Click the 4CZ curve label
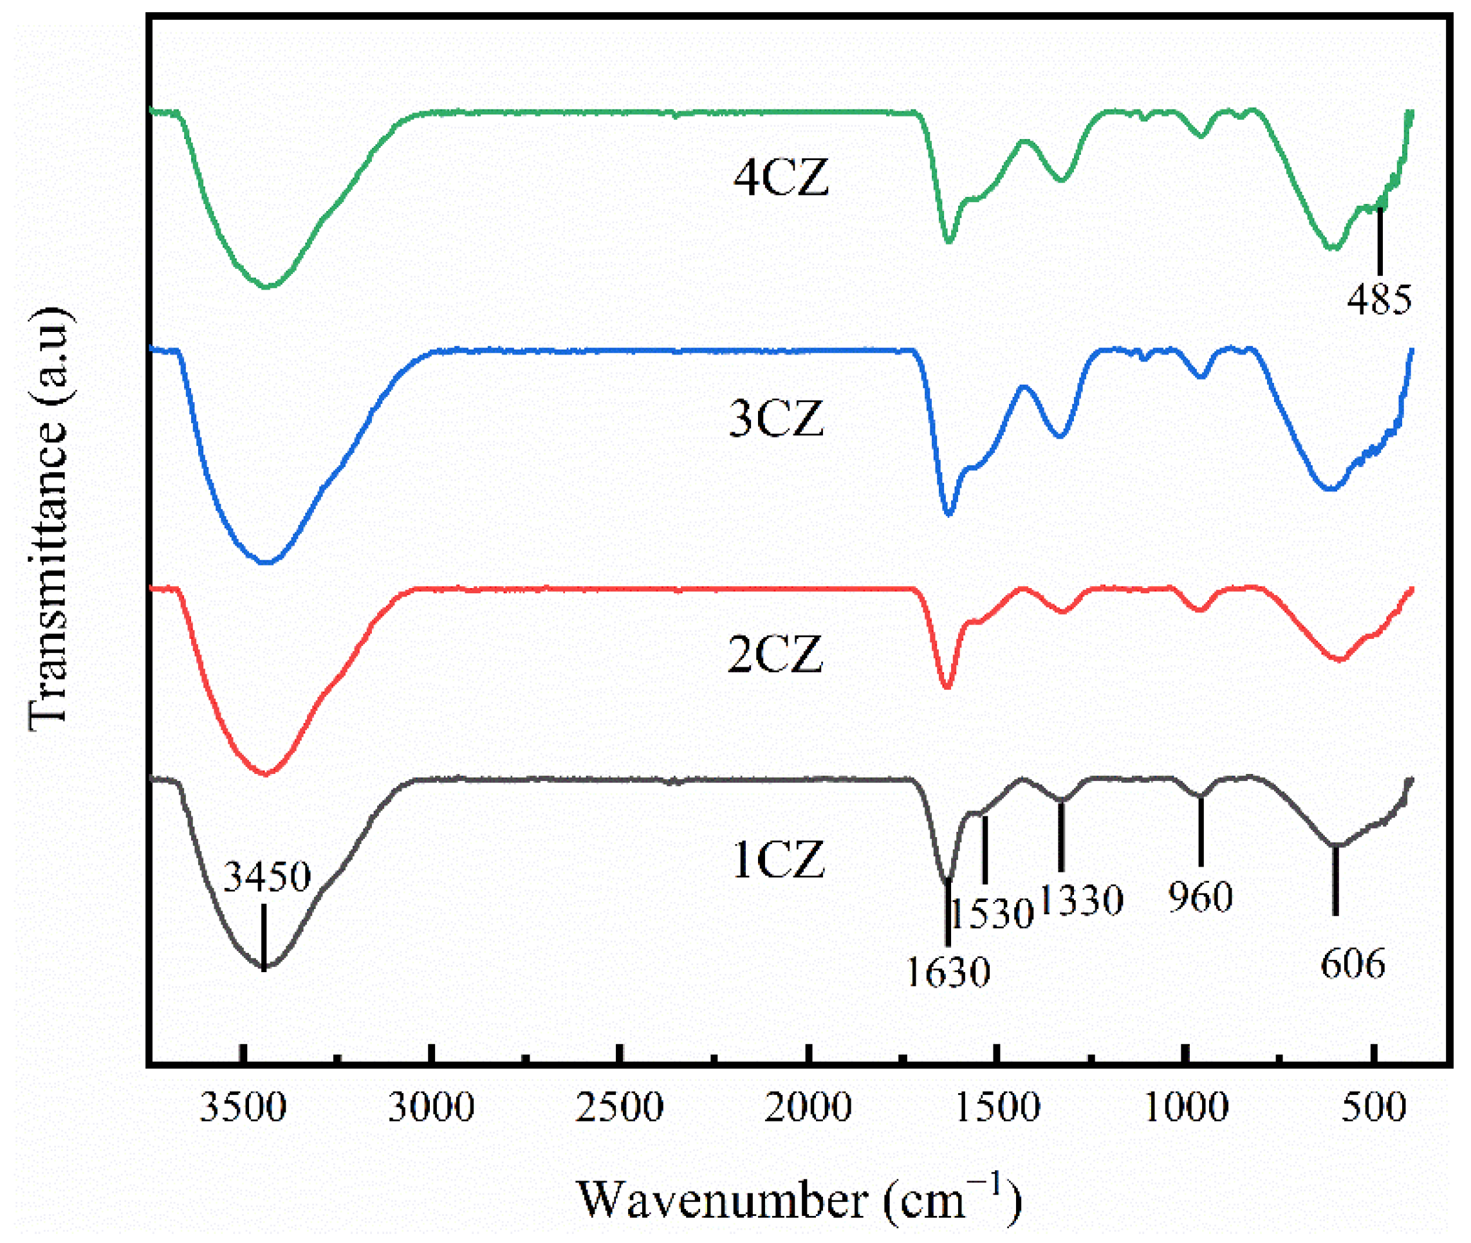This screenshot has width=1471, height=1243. point(781,178)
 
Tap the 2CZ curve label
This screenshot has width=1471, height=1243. point(775,654)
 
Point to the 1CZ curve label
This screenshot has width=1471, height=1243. point(778,860)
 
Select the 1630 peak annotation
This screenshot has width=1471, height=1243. point(947,971)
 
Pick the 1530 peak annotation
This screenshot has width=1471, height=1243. point(991,915)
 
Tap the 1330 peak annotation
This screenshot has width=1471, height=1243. point(1080,901)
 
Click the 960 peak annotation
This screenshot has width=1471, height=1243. point(1199,897)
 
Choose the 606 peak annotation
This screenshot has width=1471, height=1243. point(1352,963)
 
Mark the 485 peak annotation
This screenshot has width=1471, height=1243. point(1379,299)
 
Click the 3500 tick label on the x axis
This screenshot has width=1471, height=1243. point(243,1107)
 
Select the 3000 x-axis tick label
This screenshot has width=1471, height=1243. point(431,1107)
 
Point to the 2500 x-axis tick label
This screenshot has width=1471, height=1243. point(620,1107)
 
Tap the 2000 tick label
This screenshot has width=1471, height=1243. point(808,1107)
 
